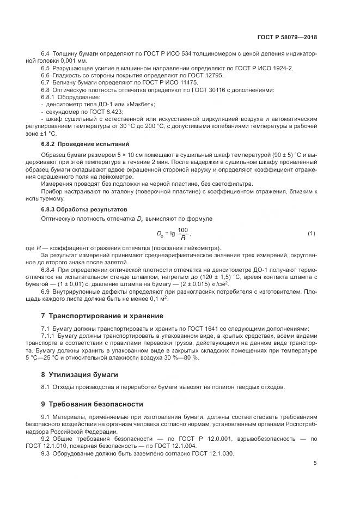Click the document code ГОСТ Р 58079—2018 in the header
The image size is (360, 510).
click(286, 37)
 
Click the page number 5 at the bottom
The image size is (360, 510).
click(315, 463)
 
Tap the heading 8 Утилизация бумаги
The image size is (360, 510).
click(79, 374)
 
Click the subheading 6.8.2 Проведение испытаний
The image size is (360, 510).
click(86, 144)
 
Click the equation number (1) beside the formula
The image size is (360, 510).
click(311, 234)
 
